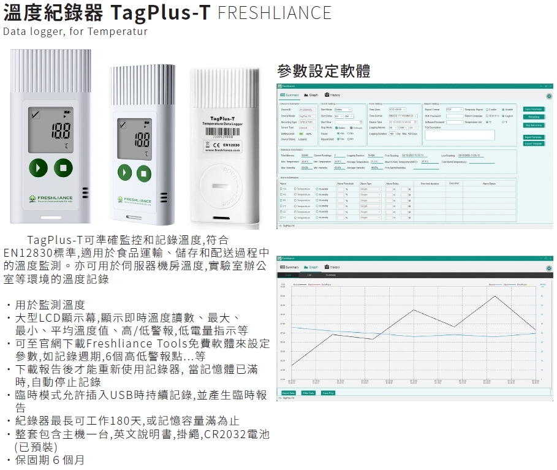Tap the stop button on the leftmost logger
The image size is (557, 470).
click(x=63, y=168)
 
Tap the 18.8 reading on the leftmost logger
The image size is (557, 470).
click(x=61, y=130)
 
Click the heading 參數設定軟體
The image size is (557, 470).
click(x=323, y=71)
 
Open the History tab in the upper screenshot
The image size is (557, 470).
click(x=333, y=95)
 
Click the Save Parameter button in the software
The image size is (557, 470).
click(x=534, y=109)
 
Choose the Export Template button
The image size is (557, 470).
click(x=534, y=143)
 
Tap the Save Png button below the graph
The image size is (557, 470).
click(x=328, y=393)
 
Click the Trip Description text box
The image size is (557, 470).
click(x=460, y=135)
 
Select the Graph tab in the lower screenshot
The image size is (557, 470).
click(x=312, y=267)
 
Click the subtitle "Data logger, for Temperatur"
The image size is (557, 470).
click(x=75, y=31)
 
